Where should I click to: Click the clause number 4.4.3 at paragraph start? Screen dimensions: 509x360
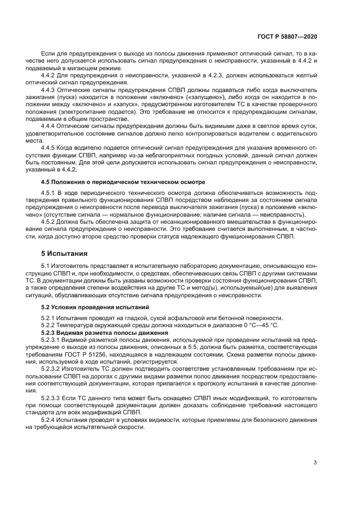50,89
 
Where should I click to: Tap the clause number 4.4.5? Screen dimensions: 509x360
50,147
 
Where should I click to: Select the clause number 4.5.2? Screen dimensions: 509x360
50,222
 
